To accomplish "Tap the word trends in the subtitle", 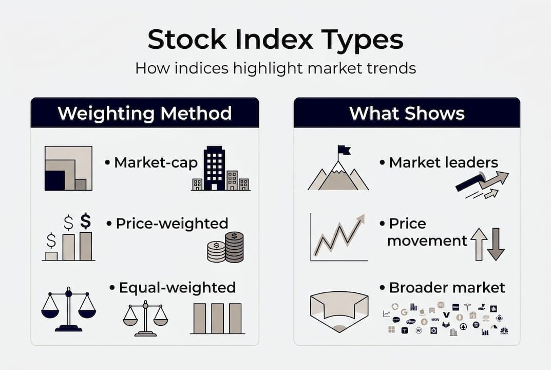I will coord(391,68).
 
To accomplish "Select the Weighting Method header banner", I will coord(144,113).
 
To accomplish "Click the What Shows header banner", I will coord(407,113).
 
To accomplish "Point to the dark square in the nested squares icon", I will coord(55,180).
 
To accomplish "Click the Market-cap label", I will coord(155,163).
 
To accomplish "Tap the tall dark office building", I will coord(214,169).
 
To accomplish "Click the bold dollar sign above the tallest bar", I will coord(86,221).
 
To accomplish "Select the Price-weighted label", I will coord(172,224).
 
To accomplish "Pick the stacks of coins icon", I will coord(225,247).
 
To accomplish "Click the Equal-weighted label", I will coord(177,287).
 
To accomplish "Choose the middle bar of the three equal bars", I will coord(217,318).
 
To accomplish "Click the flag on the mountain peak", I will coord(344,150).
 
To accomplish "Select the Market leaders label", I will coord(443,163).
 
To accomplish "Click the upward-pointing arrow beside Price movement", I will coord(479,244).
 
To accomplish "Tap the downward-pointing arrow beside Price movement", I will coord(496,244).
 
